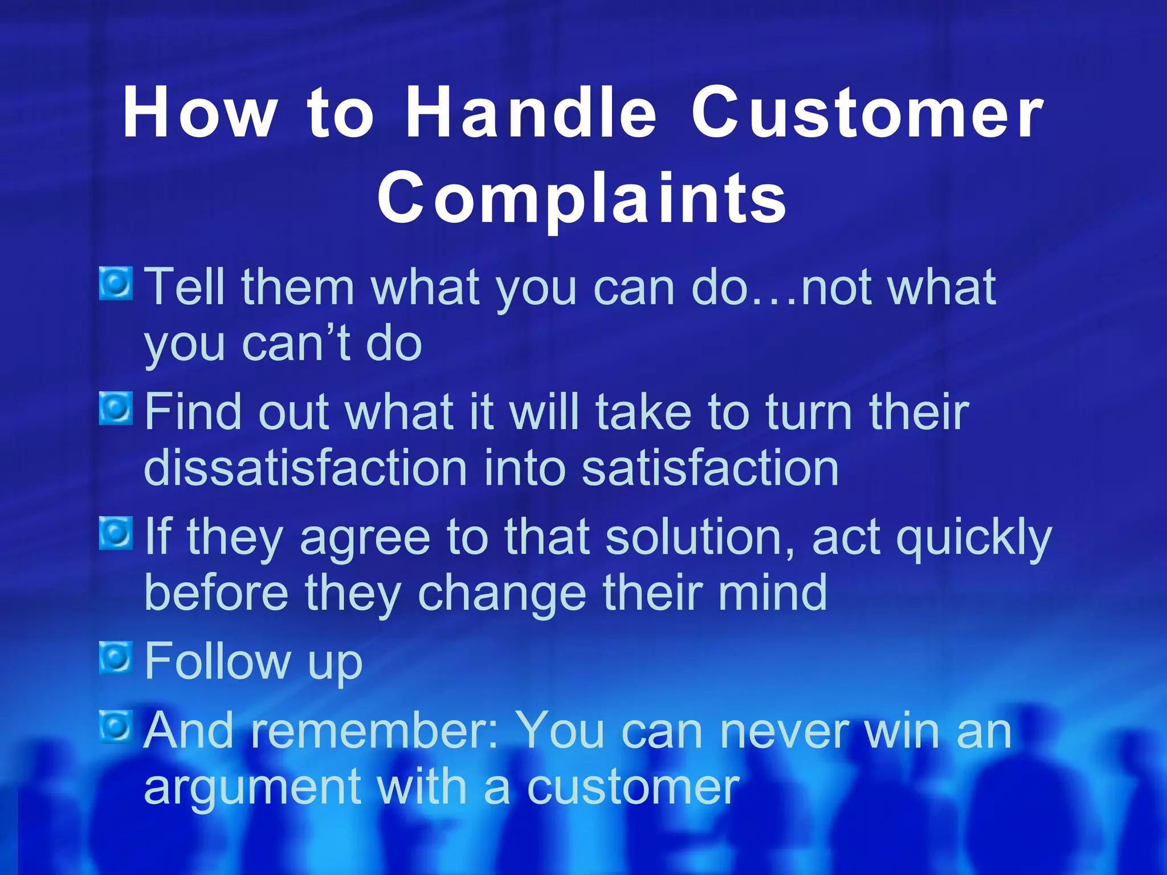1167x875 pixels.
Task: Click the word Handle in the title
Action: pyautogui.click(x=531, y=112)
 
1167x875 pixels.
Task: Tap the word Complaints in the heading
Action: pyautogui.click(x=582, y=198)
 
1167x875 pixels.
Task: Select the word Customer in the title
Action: pyautogui.click(x=867, y=112)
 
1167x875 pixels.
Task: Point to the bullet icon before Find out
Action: pyautogui.click(x=116, y=408)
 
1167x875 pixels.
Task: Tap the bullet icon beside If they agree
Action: pyautogui.click(x=116, y=533)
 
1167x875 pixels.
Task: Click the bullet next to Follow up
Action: pyautogui.click(x=116, y=658)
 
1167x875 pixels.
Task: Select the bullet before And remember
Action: pyautogui.click(x=116, y=726)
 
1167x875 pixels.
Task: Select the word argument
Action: pyautogui.click(x=252, y=789)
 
